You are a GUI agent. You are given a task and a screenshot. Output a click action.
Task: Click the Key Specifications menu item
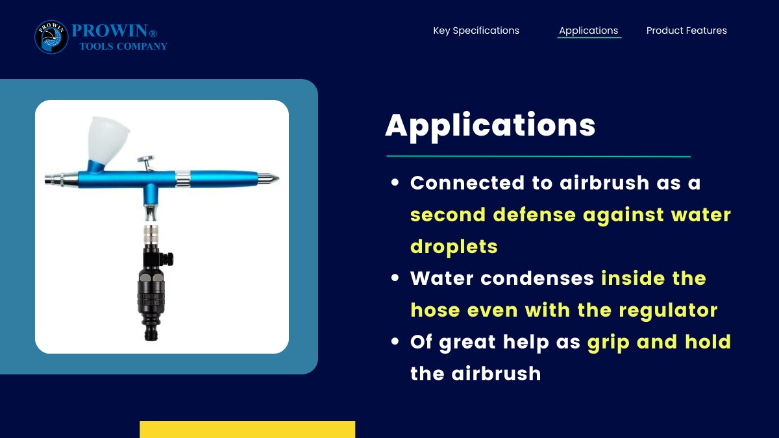pos(476,30)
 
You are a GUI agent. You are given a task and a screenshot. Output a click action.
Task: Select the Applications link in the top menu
pos(588,30)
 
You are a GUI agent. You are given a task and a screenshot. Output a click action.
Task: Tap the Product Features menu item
pos(687,30)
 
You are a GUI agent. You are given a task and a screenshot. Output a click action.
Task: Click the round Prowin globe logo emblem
pos(51,37)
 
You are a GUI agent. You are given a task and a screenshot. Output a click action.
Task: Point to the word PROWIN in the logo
pos(109,30)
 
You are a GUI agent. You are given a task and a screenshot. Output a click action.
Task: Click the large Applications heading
pos(490,126)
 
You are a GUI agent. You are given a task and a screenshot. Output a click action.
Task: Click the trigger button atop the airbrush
pos(146,160)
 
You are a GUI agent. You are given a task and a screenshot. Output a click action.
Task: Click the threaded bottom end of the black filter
pos(151,334)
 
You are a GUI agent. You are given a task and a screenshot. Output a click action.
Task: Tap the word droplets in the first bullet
pos(454,247)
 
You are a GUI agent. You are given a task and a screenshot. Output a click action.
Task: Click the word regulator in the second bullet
pos(668,310)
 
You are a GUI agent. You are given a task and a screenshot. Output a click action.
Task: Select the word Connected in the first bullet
pos(467,183)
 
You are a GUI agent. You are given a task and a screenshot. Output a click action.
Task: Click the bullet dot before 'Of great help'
pos(395,341)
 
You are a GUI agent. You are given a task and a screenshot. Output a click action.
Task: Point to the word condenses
pos(538,278)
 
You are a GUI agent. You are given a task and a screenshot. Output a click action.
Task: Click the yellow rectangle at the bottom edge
pos(247,430)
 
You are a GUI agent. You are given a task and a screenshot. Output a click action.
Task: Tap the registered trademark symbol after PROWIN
pos(153,33)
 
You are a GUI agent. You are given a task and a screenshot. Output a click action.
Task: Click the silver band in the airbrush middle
pos(182,179)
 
